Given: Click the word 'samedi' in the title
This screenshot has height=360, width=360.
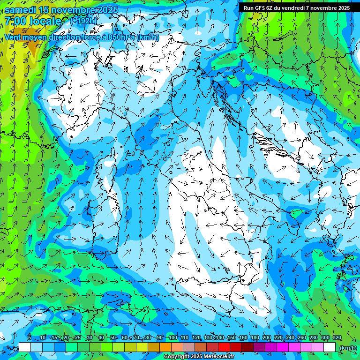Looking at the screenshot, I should (19, 10).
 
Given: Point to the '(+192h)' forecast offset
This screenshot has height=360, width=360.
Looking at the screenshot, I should (84, 21).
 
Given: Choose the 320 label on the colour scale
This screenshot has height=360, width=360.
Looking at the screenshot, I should (337, 338).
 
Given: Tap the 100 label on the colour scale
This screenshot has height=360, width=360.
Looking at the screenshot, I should (172, 338).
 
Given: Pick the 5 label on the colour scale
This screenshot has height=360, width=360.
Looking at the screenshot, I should (30, 338).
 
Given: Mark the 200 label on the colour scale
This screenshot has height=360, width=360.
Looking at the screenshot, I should (266, 338).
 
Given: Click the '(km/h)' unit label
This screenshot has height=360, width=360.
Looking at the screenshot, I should (347, 348).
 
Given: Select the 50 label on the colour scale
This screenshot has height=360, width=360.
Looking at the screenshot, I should (113, 338).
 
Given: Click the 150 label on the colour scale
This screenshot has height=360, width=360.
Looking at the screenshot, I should (231, 338).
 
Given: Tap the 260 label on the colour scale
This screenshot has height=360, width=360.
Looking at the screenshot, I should (301, 338).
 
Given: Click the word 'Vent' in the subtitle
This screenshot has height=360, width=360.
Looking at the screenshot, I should (14, 37).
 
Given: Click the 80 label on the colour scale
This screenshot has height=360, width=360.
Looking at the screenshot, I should (148, 338).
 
